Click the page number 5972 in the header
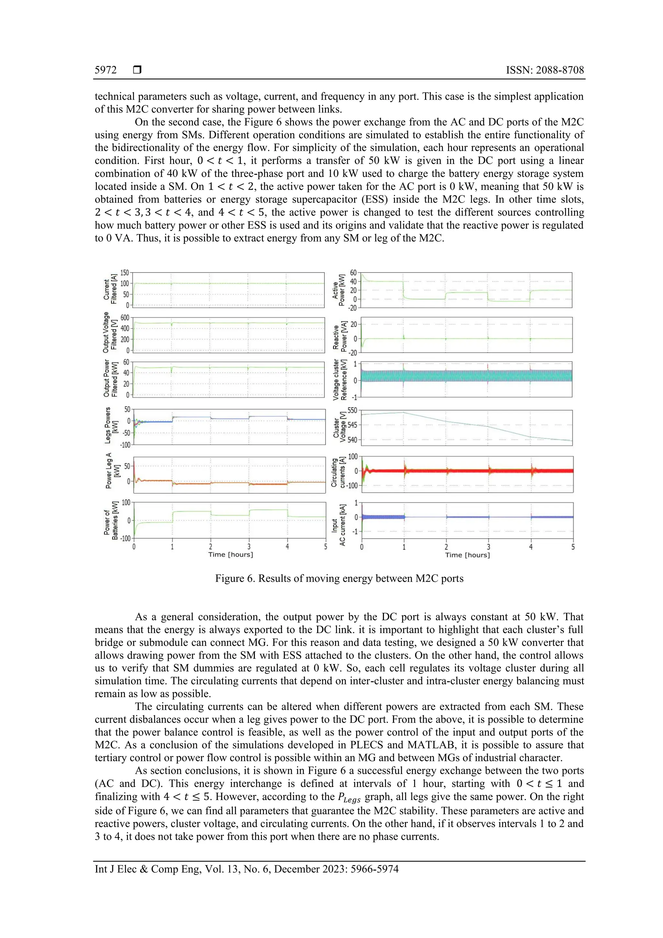click(x=106, y=70)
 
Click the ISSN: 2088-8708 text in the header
click(x=545, y=70)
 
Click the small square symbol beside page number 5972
click(x=137, y=70)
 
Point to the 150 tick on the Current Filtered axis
click(x=124, y=273)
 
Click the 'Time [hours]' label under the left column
click(x=230, y=554)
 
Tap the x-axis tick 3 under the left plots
click(x=249, y=546)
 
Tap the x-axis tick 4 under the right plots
click(x=531, y=547)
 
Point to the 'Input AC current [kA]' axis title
click(x=338, y=525)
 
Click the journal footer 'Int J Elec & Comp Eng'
click(x=148, y=869)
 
